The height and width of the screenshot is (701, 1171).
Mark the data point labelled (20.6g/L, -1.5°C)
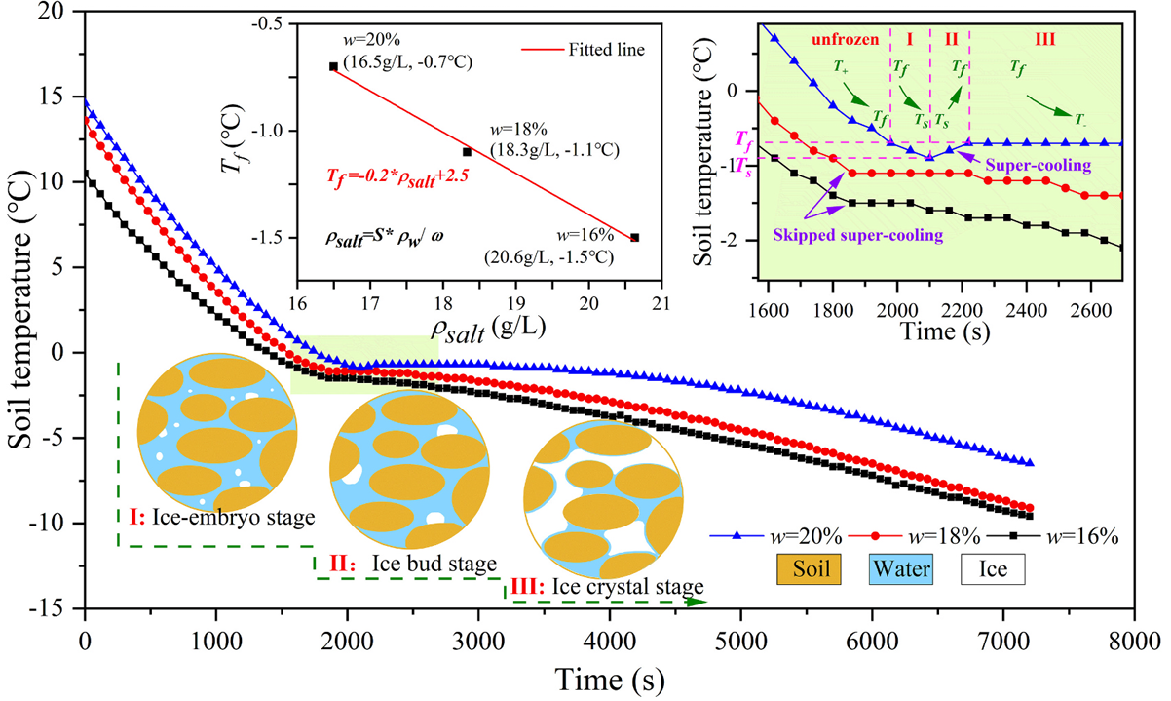click(x=635, y=237)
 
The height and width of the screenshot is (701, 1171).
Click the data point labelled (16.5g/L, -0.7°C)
click(x=333, y=66)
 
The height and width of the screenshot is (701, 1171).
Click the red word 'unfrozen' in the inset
click(x=844, y=40)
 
